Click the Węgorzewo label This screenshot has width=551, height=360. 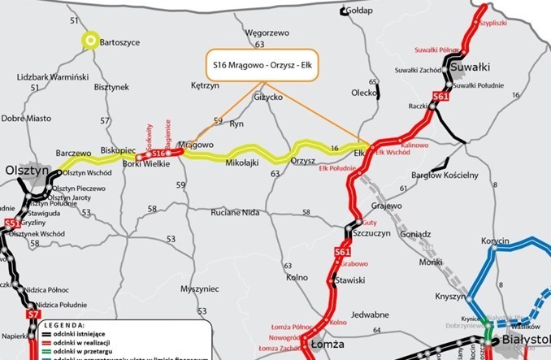267,33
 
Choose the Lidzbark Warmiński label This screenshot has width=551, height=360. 51,76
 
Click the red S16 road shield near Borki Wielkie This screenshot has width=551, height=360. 159,153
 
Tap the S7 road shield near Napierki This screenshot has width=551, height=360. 33,314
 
